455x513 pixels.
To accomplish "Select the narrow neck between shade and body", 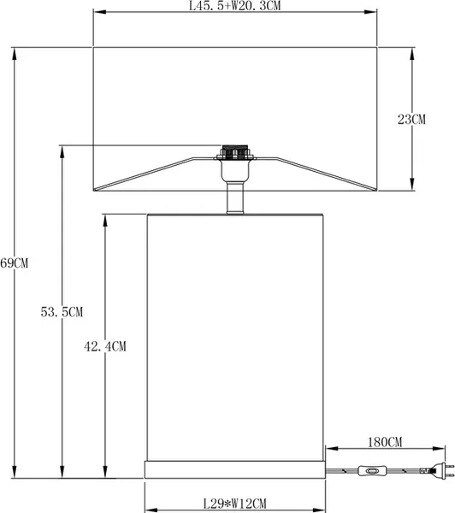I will pyautogui.click(x=233, y=198).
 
